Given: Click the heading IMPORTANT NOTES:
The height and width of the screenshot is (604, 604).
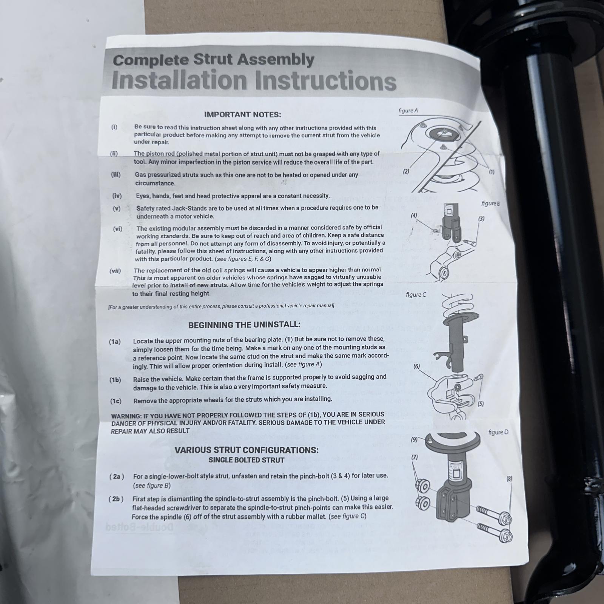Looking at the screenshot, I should (242, 114).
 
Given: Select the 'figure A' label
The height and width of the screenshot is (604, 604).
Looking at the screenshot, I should (408, 111).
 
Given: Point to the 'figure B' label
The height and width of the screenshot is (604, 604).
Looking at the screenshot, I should (490, 203).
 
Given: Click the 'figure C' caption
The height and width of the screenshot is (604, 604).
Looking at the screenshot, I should (416, 294).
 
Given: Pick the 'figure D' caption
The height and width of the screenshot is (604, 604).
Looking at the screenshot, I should (498, 432).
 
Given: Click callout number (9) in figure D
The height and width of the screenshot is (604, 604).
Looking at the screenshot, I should (414, 439).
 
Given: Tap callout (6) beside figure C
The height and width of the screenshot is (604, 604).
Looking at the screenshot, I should (416, 366).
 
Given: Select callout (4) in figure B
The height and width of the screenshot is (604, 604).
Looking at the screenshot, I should (414, 216).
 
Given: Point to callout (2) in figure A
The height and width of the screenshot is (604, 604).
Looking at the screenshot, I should (406, 171).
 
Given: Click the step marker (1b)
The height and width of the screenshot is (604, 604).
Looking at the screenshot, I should (116, 380).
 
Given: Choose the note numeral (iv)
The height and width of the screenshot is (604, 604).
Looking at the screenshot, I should (117, 196).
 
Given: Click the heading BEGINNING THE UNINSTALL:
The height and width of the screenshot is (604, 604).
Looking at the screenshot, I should (244, 325).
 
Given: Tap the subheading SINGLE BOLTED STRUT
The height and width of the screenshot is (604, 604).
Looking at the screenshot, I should (247, 460).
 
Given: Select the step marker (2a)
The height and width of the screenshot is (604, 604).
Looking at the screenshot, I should (117, 476).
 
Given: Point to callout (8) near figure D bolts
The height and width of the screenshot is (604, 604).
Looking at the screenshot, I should (509, 479).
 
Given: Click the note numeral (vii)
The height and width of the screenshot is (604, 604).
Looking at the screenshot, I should (115, 271).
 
